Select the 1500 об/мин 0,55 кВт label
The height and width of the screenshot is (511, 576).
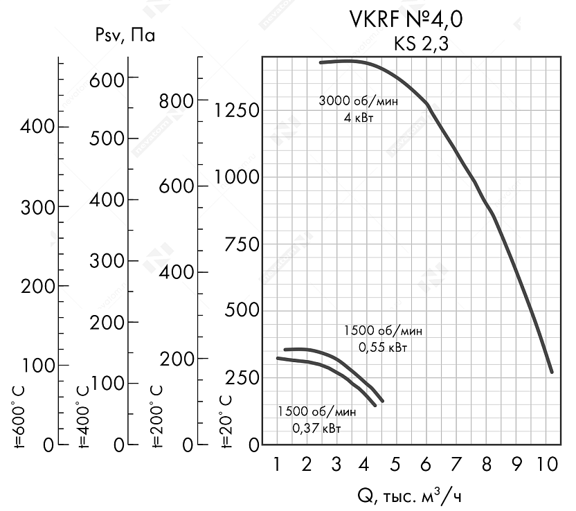click(x=382, y=339)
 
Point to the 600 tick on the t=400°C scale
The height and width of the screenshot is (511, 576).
click(x=108, y=78)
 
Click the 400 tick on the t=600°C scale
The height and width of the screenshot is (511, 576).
click(x=37, y=127)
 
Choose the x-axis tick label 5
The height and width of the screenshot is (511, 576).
click(x=395, y=465)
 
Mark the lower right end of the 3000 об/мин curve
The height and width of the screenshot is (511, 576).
click(x=552, y=372)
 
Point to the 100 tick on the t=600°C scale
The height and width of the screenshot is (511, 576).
click(x=37, y=365)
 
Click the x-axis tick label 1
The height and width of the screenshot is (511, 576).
click(x=277, y=465)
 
